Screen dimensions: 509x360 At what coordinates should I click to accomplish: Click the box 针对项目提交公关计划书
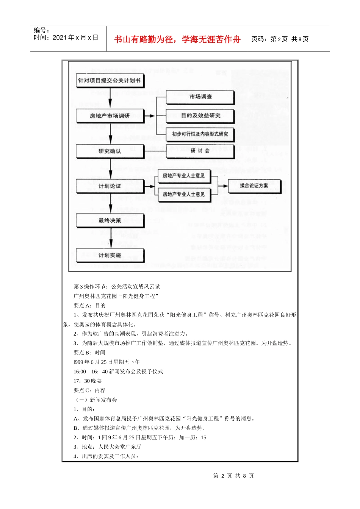[x=110, y=81]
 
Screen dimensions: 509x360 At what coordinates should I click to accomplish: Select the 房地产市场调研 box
[x=110, y=116]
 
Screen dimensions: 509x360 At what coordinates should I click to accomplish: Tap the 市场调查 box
[x=200, y=97]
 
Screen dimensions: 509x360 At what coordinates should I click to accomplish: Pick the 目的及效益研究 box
[x=200, y=116]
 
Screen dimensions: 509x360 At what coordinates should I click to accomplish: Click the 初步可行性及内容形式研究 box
[x=200, y=134]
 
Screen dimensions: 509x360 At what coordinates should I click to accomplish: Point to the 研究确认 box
[x=110, y=151]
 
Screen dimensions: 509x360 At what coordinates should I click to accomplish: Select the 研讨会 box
[x=200, y=151]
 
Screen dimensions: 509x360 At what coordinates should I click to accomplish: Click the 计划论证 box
[x=110, y=186]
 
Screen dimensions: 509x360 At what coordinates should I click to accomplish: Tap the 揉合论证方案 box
[x=254, y=186]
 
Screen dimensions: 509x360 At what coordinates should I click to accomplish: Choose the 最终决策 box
[x=110, y=220]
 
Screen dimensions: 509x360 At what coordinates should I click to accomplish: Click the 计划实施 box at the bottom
[x=110, y=256]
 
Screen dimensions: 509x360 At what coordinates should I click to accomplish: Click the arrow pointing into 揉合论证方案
[x=224, y=186]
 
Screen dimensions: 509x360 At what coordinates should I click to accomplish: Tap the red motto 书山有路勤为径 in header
[x=177, y=39]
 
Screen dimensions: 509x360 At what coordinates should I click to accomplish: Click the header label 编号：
[x=42, y=30]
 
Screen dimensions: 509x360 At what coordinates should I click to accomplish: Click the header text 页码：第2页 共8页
[x=280, y=39]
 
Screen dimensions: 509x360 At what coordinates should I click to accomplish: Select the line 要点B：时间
[x=89, y=353]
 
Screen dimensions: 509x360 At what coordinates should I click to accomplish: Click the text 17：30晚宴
[x=88, y=381]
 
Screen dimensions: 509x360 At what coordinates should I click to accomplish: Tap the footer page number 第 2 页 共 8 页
[x=233, y=476]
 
